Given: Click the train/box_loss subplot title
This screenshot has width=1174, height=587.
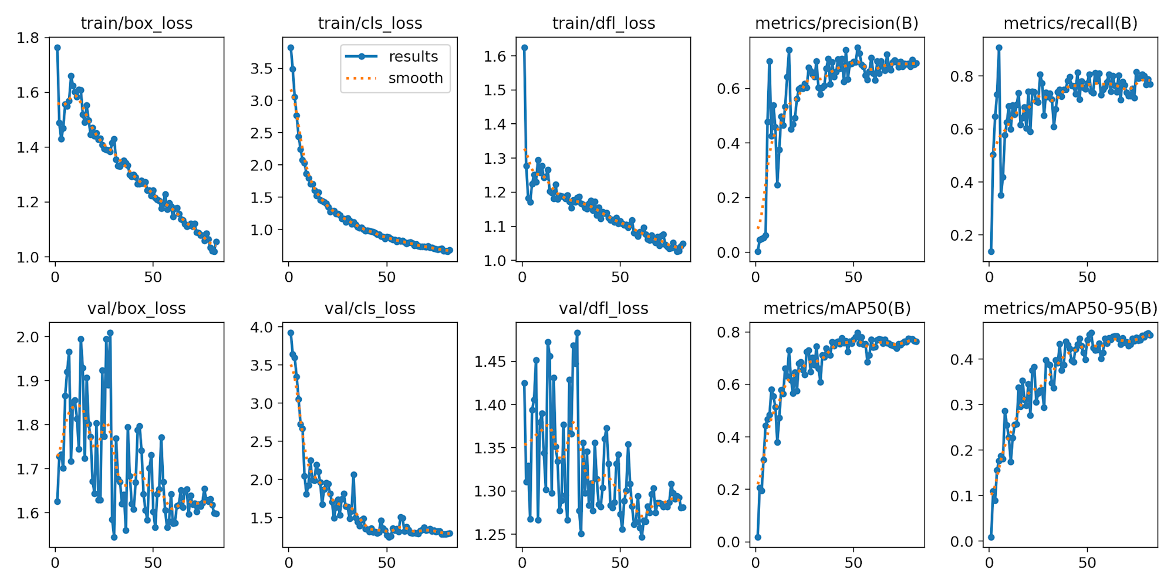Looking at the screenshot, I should click(x=136, y=23).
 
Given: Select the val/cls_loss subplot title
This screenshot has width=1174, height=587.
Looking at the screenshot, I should click(x=370, y=308).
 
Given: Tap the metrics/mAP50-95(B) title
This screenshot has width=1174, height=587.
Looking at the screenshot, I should click(x=1070, y=308).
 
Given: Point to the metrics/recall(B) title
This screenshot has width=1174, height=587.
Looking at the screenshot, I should click(x=1070, y=23).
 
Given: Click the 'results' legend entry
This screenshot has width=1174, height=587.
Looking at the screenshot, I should click(x=413, y=56).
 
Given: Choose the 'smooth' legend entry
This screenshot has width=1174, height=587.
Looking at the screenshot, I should click(x=415, y=78).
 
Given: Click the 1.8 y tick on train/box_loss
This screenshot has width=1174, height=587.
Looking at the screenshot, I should click(x=28, y=38).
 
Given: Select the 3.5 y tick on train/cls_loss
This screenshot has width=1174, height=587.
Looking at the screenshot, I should click(x=261, y=69).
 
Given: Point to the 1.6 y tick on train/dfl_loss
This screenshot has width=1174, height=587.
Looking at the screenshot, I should click(x=495, y=56).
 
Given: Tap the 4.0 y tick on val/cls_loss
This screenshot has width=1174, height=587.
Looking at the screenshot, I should click(x=261, y=328).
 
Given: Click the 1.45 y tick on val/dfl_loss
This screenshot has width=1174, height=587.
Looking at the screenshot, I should click(x=490, y=361).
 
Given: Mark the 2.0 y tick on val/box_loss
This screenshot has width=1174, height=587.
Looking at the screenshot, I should click(x=28, y=337).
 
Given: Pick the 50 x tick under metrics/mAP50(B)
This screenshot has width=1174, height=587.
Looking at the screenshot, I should click(x=853, y=563).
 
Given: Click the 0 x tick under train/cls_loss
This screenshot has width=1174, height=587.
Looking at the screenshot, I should click(x=289, y=277).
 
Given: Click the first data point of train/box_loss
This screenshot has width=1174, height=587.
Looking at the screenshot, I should click(x=57, y=48).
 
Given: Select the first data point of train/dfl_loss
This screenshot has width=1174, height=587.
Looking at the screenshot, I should click(x=524, y=48).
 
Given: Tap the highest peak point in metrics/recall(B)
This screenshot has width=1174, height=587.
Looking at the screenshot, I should click(x=998, y=48).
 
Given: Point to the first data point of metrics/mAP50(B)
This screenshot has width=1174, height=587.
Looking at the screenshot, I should click(x=758, y=537).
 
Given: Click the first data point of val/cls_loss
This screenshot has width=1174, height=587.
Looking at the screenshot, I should click(x=291, y=333).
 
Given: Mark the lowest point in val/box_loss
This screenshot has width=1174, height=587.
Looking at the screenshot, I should click(x=114, y=537).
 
